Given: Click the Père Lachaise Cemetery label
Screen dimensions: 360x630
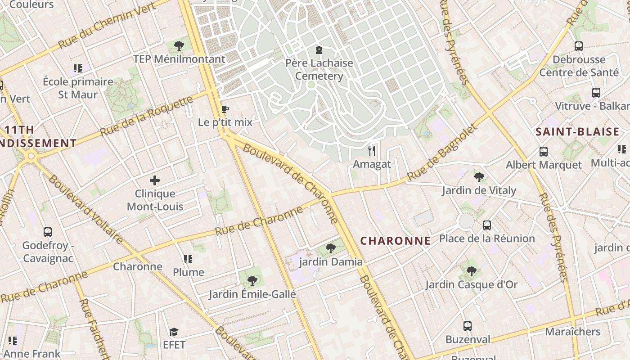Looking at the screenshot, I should tap(319, 69).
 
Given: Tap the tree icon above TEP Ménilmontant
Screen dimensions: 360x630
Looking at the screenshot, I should tap(179, 45).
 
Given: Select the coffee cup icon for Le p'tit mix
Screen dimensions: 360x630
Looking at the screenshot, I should tap(225, 109).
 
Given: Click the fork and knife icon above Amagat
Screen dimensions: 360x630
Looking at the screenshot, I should tap(372, 150).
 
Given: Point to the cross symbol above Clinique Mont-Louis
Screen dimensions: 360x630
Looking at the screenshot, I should tap(155, 180).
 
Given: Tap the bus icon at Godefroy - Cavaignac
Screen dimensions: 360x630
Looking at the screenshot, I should tap(48, 232).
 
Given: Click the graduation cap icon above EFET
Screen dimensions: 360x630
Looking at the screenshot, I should tap(174, 332).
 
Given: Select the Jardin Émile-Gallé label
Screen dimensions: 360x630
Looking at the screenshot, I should tap(252, 294).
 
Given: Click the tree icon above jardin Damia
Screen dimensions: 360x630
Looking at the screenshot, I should tap(330, 248).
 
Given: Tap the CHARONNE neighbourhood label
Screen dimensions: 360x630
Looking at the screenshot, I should tap(396, 241).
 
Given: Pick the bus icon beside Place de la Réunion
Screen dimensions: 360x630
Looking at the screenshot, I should tap(487, 225).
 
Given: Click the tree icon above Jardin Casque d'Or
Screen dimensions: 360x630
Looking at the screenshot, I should tap(471, 271).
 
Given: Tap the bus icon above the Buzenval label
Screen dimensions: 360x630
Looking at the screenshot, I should tap(468, 326).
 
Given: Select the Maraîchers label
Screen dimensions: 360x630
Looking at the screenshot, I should tap(573, 332).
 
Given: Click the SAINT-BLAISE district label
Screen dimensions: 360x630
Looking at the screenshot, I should tap(577, 132).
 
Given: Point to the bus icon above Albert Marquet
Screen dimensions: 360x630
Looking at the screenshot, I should tap(544, 151).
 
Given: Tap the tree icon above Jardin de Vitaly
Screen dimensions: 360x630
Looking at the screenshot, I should tap(479, 177).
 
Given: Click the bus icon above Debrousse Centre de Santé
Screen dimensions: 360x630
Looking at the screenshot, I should tap(579, 46).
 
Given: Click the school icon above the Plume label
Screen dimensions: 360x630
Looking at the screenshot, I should tap(188, 259).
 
